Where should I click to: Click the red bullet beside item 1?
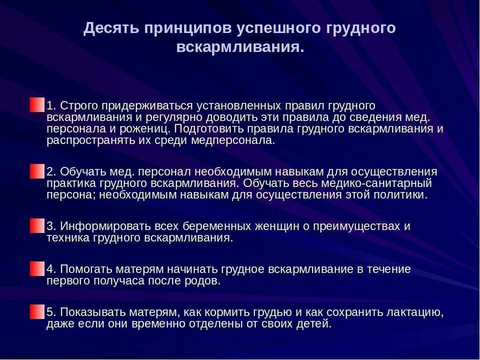[x=36, y=105]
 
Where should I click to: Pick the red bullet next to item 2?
[x=36, y=171]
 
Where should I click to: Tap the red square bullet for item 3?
[x=36, y=225]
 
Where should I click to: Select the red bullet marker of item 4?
[x=36, y=268]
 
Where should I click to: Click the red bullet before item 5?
[x=36, y=312]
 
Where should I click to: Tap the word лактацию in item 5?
[x=414, y=312]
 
